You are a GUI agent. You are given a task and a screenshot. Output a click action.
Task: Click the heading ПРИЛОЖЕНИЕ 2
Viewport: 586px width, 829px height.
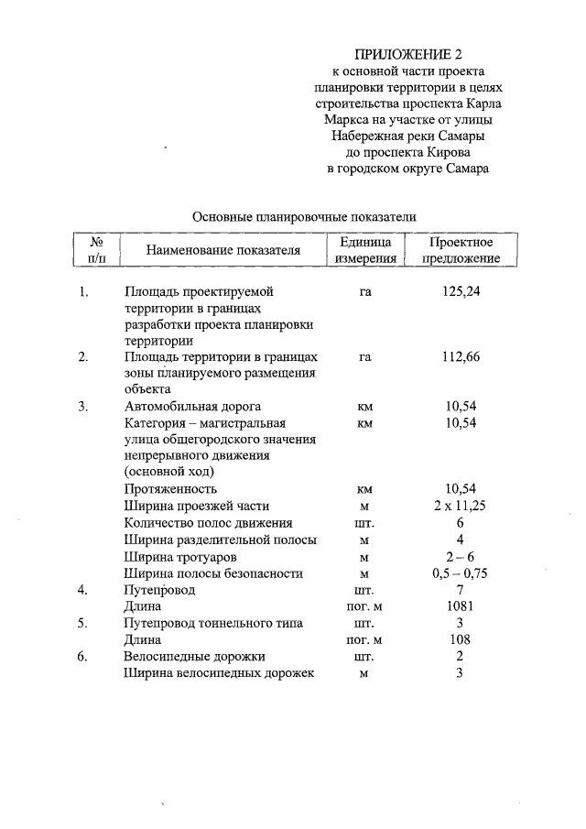coord(407,54)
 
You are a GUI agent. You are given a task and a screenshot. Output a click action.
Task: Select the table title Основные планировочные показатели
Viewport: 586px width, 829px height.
coord(304,217)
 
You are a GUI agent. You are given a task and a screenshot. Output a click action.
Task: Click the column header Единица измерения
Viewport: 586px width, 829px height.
coord(364,250)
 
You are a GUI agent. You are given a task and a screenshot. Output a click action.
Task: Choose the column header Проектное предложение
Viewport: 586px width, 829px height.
coord(460,250)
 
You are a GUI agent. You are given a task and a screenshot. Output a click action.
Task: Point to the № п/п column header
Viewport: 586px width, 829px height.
coord(96,250)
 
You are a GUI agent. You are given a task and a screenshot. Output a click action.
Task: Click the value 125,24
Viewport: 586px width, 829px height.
coord(460,291)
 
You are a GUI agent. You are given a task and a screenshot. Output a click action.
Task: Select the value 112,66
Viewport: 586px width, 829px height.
coord(460,357)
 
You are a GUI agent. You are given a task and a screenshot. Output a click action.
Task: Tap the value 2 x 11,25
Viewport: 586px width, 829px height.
coord(460,506)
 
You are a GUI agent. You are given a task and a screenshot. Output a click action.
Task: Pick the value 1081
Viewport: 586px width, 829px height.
coord(460,606)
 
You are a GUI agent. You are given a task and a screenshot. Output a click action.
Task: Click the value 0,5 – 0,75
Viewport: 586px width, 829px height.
coord(460,573)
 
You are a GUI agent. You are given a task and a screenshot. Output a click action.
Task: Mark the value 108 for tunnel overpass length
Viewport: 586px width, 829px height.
coord(460,639)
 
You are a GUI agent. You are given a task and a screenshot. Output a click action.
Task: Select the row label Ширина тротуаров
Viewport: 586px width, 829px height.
coord(181,557)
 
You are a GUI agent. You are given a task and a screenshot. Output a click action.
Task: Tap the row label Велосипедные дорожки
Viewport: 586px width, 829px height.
coord(194,656)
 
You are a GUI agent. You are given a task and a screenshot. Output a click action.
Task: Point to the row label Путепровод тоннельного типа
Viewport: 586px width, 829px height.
coord(212,623)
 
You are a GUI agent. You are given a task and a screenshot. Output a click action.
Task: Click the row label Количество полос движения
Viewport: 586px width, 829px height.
coord(208,523)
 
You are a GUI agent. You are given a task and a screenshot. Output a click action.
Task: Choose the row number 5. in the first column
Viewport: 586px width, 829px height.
coord(83,623)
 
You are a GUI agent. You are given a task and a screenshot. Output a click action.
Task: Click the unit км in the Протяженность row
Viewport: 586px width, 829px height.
coord(364,489)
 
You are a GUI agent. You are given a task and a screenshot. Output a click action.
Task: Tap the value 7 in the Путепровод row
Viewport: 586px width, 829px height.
coord(460,590)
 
